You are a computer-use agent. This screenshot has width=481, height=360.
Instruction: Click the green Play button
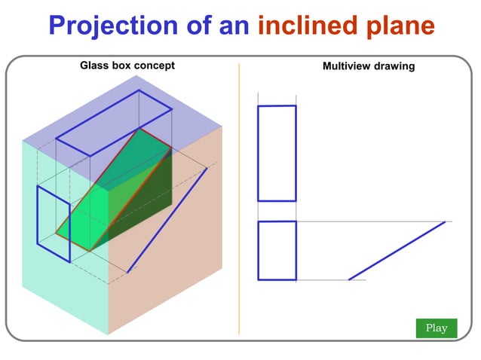click(x=436, y=328)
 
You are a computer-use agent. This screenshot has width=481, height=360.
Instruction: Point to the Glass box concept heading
click(x=127, y=66)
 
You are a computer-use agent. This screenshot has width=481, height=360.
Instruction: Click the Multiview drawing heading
click(x=368, y=66)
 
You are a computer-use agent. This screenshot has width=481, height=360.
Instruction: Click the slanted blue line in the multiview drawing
click(x=397, y=250)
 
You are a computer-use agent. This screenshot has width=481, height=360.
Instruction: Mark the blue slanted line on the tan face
click(x=167, y=220)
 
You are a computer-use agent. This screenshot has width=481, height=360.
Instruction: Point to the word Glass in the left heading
click(x=93, y=66)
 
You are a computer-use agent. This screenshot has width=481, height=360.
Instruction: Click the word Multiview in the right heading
click(x=345, y=66)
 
